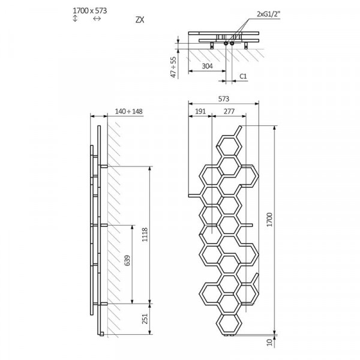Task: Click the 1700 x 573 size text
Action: (90, 11)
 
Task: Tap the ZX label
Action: (140, 20)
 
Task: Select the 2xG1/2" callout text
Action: (269, 14)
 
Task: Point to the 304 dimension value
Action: (208, 66)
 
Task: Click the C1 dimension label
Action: (243, 76)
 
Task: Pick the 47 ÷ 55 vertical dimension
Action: (174, 67)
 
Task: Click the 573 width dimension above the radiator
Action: (224, 99)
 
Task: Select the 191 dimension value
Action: (200, 112)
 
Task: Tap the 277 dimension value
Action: (229, 112)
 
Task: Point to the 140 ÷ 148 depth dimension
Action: (129, 112)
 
